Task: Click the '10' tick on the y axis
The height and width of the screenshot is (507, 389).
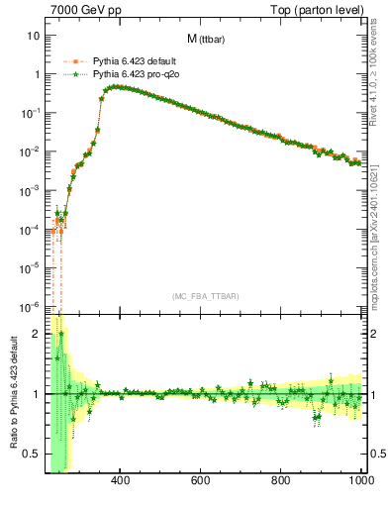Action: (x=33, y=37)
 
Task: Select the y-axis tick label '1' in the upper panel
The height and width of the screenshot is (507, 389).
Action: (x=36, y=75)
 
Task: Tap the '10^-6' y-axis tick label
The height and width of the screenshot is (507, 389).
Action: (x=29, y=306)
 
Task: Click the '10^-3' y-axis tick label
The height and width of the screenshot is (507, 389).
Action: (x=29, y=190)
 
